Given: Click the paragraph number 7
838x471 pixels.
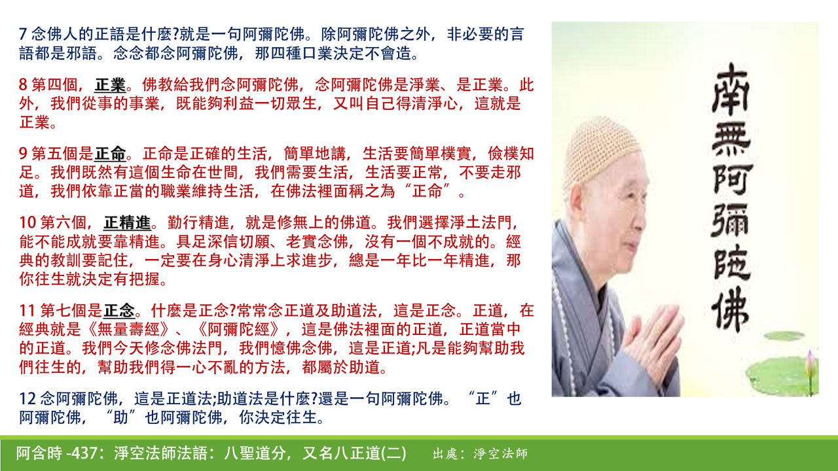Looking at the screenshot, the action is coord(23,34).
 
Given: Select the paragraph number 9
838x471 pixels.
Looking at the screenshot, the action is coord(23,154).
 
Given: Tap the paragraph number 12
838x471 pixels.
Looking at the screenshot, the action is coord(27,398).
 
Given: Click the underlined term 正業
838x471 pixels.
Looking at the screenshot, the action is coord(110,85).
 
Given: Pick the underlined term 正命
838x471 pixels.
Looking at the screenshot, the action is coord(110,154).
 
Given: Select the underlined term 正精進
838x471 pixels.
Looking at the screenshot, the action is coord(127,223).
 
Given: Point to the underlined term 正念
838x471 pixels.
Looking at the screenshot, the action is coord(119,311).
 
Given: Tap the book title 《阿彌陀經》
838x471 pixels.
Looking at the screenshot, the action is coord(239,329).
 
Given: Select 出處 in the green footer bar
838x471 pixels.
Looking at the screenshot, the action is coord(446,454).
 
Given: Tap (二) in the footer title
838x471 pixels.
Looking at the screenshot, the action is coord(393,453).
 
